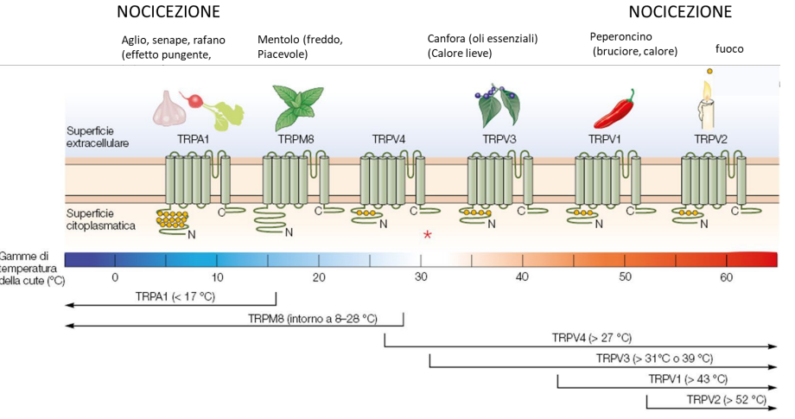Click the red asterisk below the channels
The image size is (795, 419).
click(x=427, y=234)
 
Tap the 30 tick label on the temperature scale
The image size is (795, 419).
click(x=421, y=276)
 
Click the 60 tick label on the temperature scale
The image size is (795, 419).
click(x=726, y=276)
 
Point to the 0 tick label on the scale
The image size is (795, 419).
click(x=115, y=276)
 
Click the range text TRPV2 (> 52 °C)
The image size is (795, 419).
click(x=726, y=399)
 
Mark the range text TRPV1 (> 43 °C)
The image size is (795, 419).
click(x=688, y=378)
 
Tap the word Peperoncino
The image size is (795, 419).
click(x=620, y=36)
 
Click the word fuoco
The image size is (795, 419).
click(x=729, y=49)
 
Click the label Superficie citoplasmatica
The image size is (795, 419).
click(x=97, y=218)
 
